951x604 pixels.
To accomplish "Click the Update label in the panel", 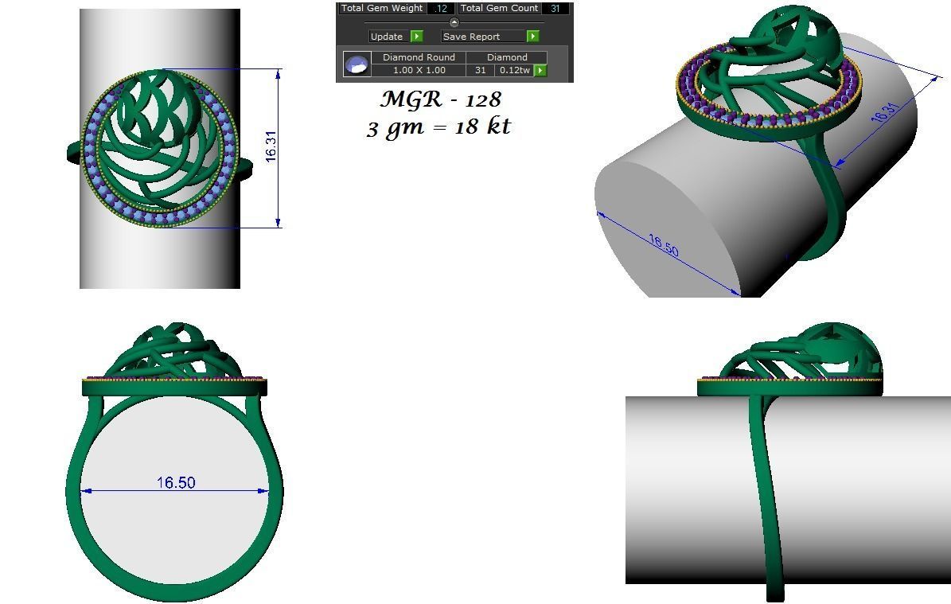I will (x=387, y=37).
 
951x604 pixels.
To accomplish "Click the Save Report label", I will (x=471, y=37).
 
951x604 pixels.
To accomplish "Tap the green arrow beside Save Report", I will (x=532, y=37).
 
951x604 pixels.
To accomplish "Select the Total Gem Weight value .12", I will (x=441, y=9).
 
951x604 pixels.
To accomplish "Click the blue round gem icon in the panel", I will (x=357, y=64).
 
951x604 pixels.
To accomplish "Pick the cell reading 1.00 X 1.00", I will (x=419, y=71).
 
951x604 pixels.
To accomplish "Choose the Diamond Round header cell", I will (x=419, y=57).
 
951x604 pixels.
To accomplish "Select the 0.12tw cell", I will (x=514, y=71).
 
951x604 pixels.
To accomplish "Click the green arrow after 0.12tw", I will (x=540, y=71).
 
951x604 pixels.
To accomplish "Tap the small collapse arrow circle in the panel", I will (x=454, y=22).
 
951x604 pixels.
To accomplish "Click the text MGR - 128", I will (x=440, y=100).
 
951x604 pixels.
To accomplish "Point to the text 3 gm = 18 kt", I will (x=438, y=127).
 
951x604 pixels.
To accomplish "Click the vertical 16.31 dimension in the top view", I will (x=271, y=147).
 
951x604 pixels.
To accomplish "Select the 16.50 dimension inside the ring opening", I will (x=176, y=483).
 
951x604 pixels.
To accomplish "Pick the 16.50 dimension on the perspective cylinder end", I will (x=662, y=245).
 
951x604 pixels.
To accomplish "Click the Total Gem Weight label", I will (x=382, y=9).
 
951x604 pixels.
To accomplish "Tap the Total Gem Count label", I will (x=500, y=9).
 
